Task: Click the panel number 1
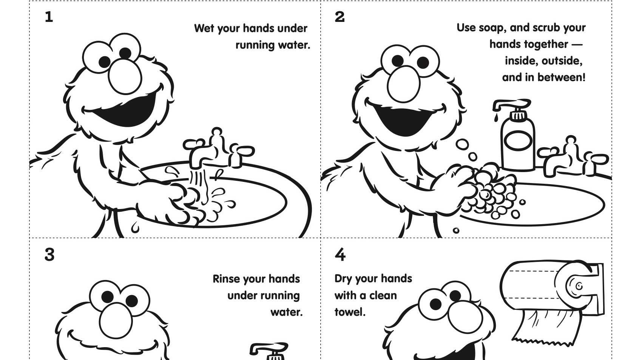coord(49,17)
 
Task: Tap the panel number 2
coord(340,17)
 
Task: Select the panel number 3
coord(49,255)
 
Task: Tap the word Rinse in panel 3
coord(227,279)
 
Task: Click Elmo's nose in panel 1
coord(125,77)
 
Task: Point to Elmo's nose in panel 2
coord(403,84)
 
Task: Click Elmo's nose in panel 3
coord(116,321)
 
